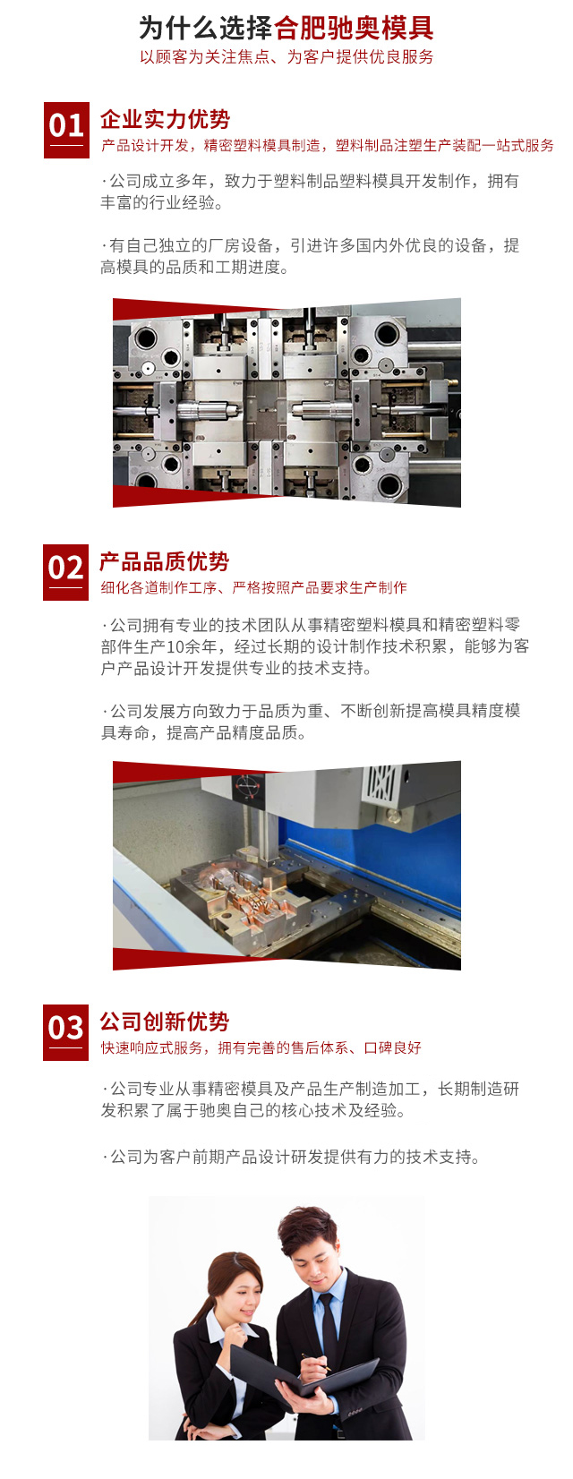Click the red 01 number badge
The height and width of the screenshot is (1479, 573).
click(x=66, y=130)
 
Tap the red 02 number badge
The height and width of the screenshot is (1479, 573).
click(x=65, y=572)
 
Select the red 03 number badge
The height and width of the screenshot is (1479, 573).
click(x=65, y=1032)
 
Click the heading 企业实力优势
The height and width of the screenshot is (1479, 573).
click(x=165, y=119)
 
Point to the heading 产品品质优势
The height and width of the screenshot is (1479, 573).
click(x=165, y=562)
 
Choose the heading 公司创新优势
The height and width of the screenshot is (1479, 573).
click(x=165, y=1022)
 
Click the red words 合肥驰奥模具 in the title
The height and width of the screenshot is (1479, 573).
click(x=354, y=28)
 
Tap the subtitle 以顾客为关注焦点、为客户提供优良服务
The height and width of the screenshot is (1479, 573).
click(x=286, y=56)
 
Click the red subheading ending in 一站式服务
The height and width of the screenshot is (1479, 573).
click(x=328, y=145)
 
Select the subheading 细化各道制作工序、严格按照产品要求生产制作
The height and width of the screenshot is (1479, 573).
click(x=253, y=587)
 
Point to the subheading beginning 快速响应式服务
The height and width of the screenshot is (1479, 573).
click(x=261, y=1047)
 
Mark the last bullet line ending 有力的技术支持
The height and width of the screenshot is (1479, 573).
click(x=290, y=1157)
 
